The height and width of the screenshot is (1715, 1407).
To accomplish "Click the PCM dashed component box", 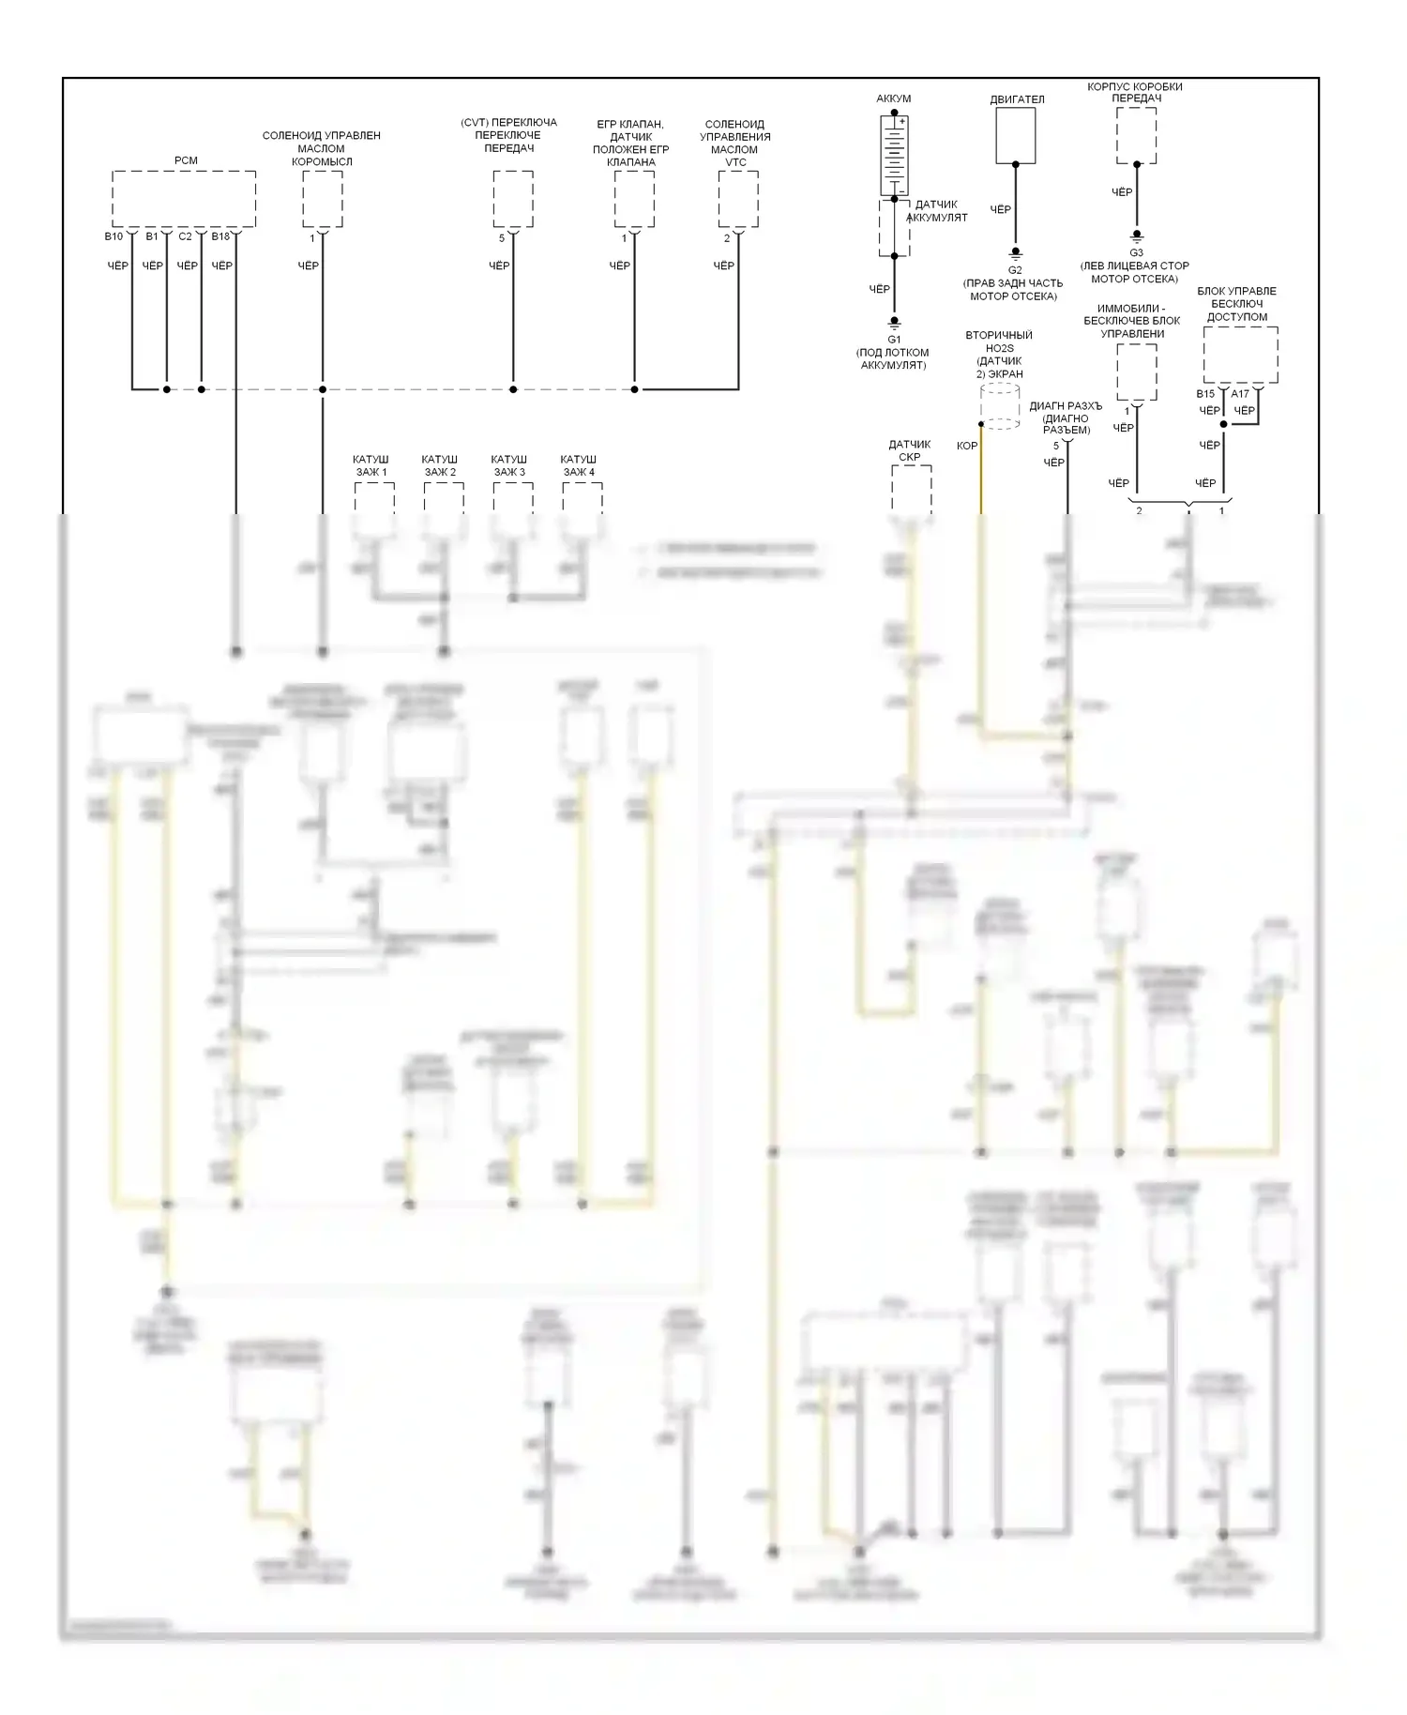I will pyautogui.click(x=184, y=198).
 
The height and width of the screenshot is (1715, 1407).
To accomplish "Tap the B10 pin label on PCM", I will pyautogui.click(x=113, y=236).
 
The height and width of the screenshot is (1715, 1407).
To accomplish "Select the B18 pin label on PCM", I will pyautogui.click(x=220, y=236).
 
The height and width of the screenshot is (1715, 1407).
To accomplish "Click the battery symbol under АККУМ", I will pyautogui.click(x=894, y=154).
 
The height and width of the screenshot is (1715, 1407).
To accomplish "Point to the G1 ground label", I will pyautogui.click(x=894, y=340).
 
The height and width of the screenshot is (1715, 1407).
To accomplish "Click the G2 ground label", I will pyautogui.click(x=1015, y=270).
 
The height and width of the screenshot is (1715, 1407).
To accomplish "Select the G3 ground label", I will pyautogui.click(x=1136, y=252).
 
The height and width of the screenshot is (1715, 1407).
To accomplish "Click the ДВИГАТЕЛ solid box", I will pyautogui.click(x=1015, y=135).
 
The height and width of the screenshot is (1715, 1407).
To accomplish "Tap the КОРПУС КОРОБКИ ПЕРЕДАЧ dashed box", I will pyautogui.click(x=1136, y=135).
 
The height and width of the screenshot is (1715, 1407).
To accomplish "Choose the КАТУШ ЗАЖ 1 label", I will pyautogui.click(x=371, y=466).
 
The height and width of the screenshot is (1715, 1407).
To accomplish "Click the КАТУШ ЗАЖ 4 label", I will pyautogui.click(x=579, y=466).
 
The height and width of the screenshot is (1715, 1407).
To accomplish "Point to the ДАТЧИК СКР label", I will pyautogui.click(x=910, y=451).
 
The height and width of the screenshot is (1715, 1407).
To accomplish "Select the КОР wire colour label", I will pyautogui.click(x=967, y=446).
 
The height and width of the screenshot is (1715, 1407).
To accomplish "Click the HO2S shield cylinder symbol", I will pyautogui.click(x=1000, y=406).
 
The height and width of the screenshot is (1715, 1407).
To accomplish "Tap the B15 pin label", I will pyautogui.click(x=1205, y=394).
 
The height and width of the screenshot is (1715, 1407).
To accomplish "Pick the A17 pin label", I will pyautogui.click(x=1240, y=394).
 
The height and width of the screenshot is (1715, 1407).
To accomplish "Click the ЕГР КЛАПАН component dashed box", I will pyautogui.click(x=634, y=199).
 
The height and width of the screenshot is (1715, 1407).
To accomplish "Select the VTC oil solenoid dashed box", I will pyautogui.click(x=738, y=199).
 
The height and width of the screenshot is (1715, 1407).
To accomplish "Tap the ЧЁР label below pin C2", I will pyautogui.click(x=188, y=266).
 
